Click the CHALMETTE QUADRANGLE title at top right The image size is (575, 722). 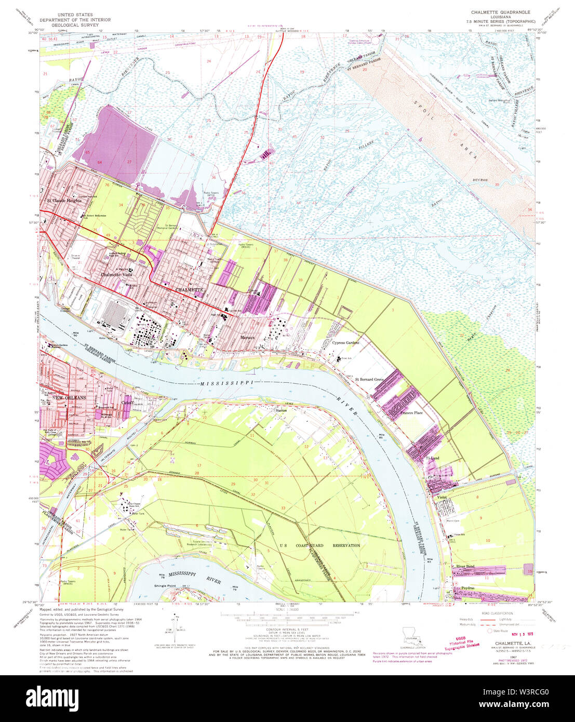501,11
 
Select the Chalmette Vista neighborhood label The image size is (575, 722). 115,275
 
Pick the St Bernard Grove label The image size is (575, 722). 369,380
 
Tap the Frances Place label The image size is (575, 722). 411,413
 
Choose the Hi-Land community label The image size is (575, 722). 432,458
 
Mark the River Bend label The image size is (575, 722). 465,566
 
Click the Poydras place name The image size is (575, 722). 469,588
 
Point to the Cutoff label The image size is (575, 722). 128,402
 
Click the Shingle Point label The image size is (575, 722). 165,585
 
